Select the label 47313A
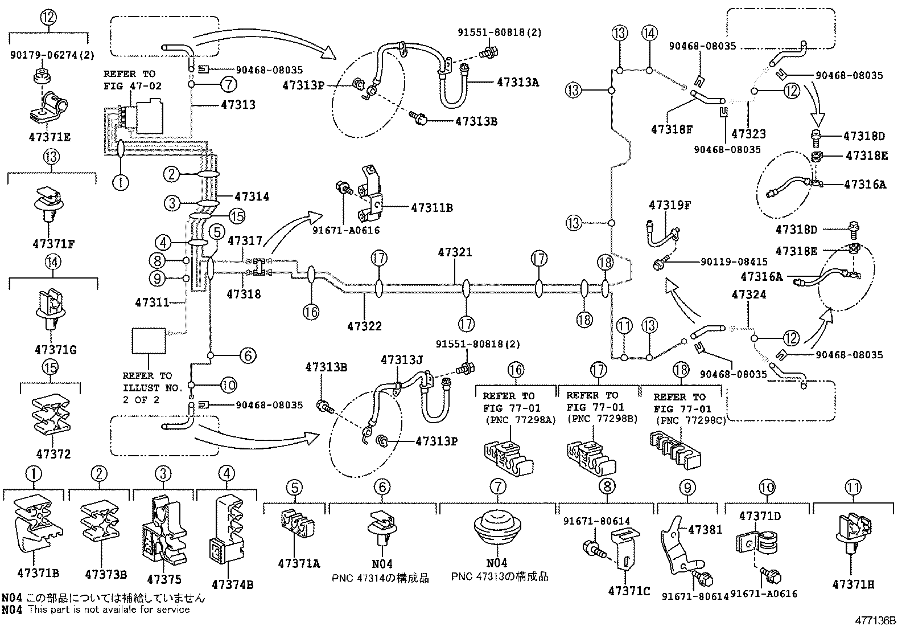(517, 82)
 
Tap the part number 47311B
(431, 208)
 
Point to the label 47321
(455, 252)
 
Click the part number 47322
(364, 326)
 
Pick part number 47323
(748, 134)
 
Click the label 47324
(749, 294)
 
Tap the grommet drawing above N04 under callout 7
(497, 529)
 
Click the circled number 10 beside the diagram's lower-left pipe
(228, 385)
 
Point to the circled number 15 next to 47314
(236, 215)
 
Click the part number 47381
(705, 530)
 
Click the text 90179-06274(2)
(52, 55)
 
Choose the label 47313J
(402, 360)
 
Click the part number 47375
(164, 579)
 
